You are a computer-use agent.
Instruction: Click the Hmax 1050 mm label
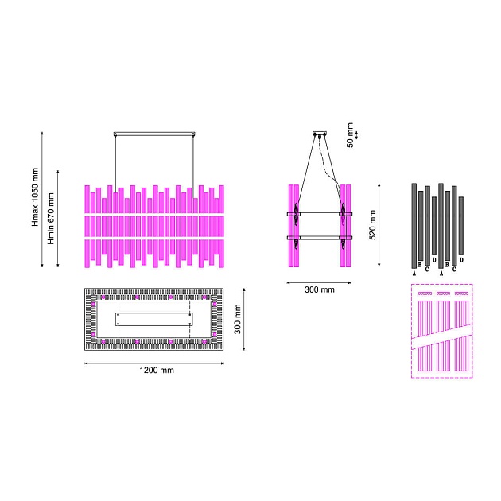click(35, 197)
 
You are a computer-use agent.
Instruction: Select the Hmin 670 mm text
click(51, 219)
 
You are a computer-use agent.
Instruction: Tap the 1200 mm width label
click(157, 370)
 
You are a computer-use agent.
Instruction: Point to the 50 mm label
click(350, 135)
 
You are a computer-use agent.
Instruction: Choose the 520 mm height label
click(372, 224)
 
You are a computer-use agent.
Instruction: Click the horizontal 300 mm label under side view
click(320, 289)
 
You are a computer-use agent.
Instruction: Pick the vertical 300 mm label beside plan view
click(238, 319)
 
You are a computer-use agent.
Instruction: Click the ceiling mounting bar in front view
click(154, 134)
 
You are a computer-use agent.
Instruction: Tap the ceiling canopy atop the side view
click(320, 134)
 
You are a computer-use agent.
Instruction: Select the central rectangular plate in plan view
click(153, 319)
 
